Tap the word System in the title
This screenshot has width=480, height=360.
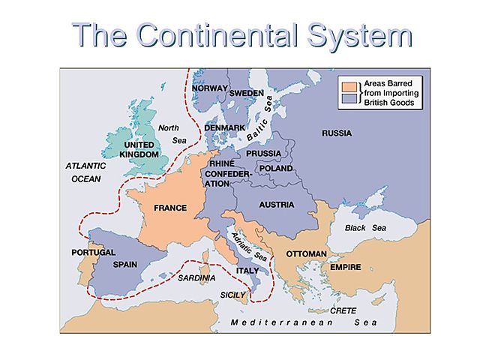pyautogui.click(x=363, y=35)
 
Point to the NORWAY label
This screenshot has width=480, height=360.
pyautogui.click(x=208, y=88)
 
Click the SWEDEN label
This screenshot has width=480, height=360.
pyautogui.click(x=246, y=93)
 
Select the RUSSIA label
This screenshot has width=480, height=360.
pyautogui.click(x=337, y=133)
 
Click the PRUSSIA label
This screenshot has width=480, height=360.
pyautogui.click(x=263, y=154)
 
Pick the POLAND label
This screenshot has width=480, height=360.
pyautogui.click(x=276, y=169)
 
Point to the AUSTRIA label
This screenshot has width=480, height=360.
pyautogui.click(x=276, y=204)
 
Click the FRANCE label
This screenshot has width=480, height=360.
pyautogui.click(x=170, y=208)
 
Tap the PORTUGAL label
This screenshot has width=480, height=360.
pyautogui.click(x=94, y=252)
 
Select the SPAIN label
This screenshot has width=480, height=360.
pyautogui.click(x=124, y=265)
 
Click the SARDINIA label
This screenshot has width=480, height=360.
pyautogui.click(x=197, y=277)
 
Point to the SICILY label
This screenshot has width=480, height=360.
pyautogui.click(x=233, y=295)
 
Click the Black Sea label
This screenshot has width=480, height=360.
pyautogui.click(x=365, y=227)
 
